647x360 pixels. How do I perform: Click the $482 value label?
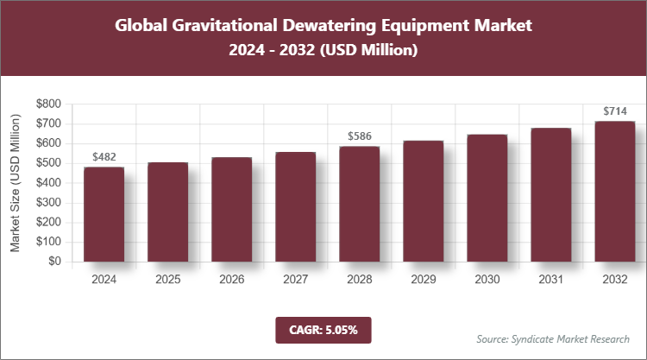[x=104, y=157]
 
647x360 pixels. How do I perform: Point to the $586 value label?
[x=359, y=136]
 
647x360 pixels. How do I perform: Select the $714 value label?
[x=614, y=111]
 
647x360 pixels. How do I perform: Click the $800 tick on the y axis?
[x=48, y=104]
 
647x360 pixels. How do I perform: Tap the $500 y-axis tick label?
[x=48, y=163]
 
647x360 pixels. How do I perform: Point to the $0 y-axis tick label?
[x=53, y=261]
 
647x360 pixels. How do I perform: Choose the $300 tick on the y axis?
[x=48, y=202]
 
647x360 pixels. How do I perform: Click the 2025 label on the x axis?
[x=167, y=280]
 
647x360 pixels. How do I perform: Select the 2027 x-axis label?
[x=295, y=280]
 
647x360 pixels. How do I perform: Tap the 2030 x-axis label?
[x=487, y=280]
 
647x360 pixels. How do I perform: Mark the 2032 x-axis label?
[x=614, y=280]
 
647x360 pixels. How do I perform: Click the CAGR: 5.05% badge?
[x=323, y=330]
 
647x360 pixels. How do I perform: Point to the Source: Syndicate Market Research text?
[x=553, y=338]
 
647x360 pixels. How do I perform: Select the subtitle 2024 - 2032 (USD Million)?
[x=323, y=52]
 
